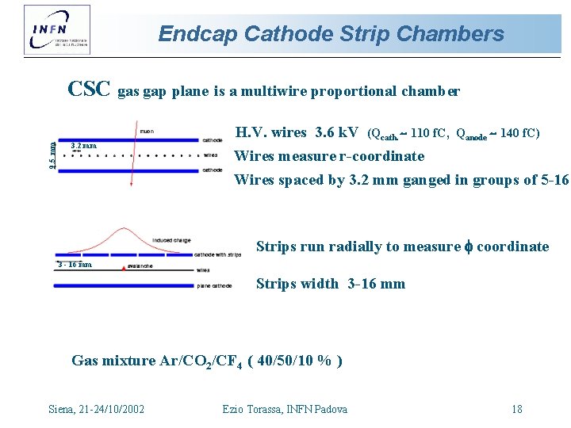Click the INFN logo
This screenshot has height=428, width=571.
point(57,29)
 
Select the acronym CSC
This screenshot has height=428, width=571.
point(89,89)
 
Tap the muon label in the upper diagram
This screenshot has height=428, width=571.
point(148,131)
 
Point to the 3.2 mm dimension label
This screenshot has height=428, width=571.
point(83,146)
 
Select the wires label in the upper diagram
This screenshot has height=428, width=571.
point(211,155)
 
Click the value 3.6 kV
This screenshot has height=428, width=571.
point(336,132)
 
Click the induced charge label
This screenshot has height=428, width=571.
point(171,239)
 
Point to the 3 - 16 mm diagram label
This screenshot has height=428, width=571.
point(75,264)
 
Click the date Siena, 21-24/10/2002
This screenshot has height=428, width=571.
point(97,409)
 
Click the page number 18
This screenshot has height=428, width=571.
point(517,409)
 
